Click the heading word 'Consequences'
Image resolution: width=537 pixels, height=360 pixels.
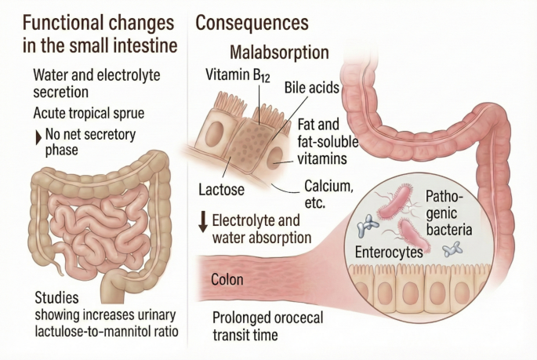click(x=251, y=24)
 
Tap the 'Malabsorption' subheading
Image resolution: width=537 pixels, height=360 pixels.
click(x=278, y=53)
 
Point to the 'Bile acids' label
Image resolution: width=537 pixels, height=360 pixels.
click(x=311, y=87)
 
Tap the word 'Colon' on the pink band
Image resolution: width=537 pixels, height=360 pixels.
click(x=227, y=279)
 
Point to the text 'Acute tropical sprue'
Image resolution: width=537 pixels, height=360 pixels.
click(x=89, y=112)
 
